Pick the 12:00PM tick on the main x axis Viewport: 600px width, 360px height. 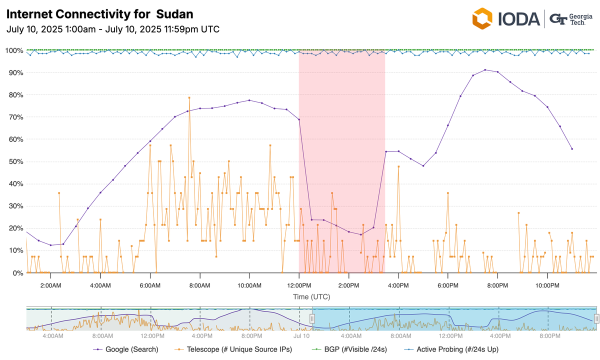click(299, 285)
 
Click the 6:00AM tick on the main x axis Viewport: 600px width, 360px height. click(150, 285)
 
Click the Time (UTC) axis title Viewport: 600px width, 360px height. click(311, 297)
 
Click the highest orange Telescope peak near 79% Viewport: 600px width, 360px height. click(189, 97)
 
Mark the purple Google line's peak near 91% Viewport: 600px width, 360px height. click(485, 70)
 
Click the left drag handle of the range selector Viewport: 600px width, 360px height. click(312, 318)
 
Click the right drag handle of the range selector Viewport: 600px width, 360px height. click(596, 318)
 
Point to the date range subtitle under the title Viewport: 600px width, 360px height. click(112, 29)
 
